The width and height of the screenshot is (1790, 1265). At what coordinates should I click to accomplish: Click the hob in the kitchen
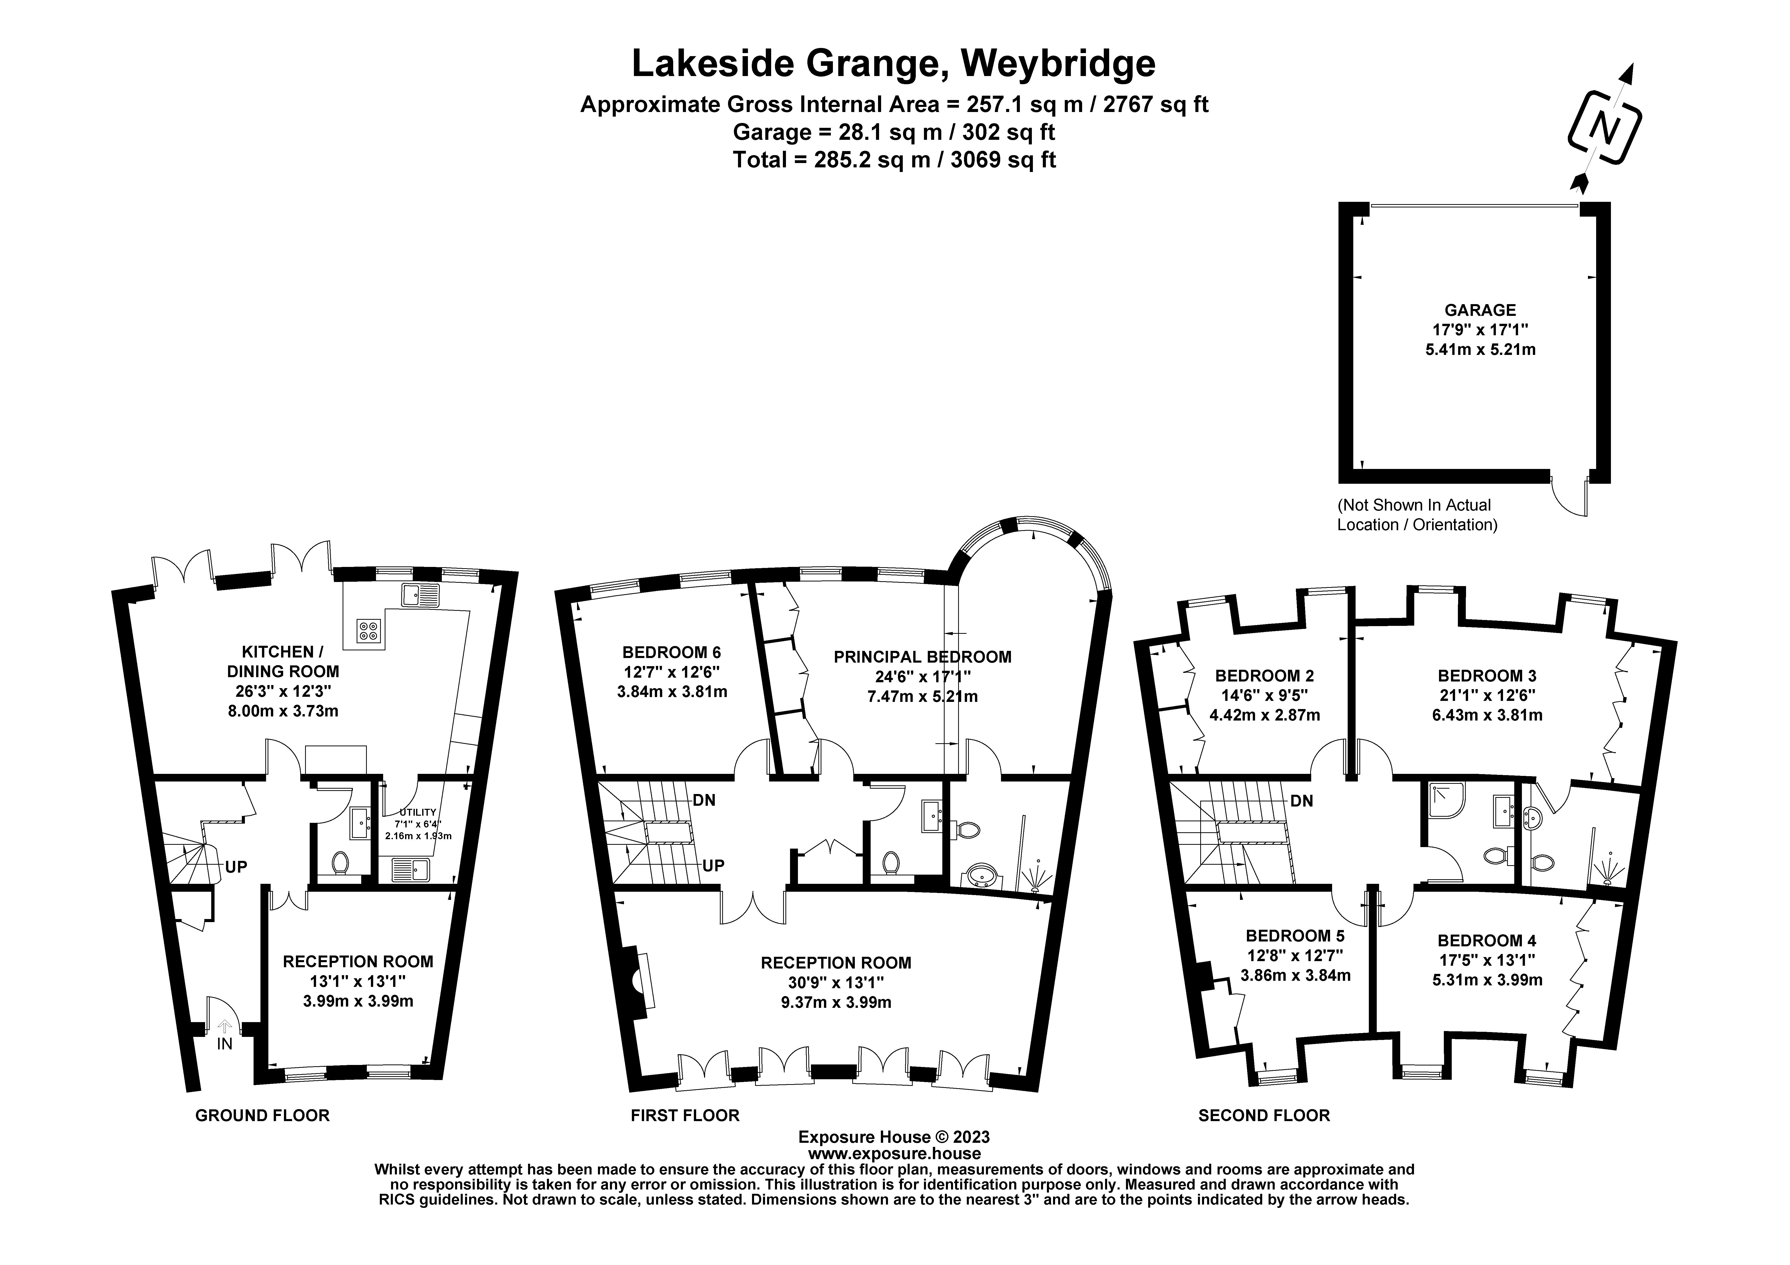(369, 630)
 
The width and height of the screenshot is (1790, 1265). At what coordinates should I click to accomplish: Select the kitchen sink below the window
(421, 595)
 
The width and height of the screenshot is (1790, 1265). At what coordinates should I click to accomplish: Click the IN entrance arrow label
(224, 1044)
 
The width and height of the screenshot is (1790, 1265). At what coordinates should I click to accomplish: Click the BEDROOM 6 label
(671, 652)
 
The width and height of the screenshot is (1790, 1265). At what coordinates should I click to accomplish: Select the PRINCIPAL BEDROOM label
(922, 657)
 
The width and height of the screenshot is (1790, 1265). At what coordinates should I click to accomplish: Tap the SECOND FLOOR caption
(1264, 1115)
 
